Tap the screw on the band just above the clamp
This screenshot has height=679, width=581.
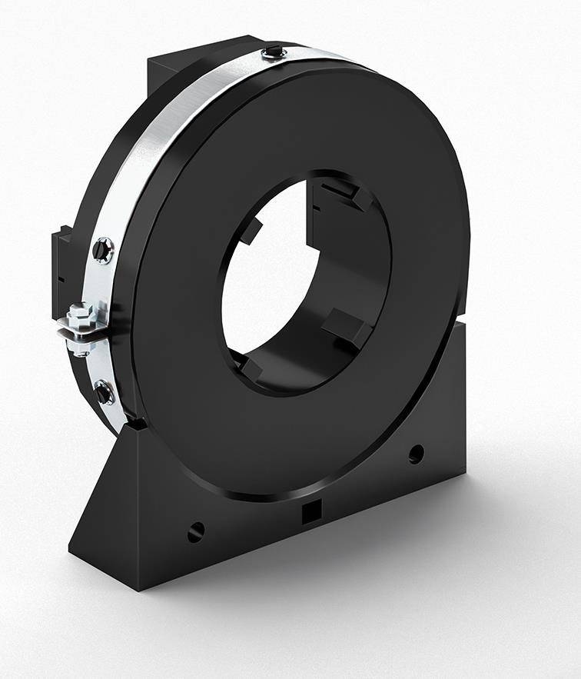click(x=102, y=248)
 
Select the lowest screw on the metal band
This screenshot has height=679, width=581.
click(x=104, y=392)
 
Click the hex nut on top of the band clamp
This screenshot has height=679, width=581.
click(x=78, y=313)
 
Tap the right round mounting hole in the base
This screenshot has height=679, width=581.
click(x=416, y=454)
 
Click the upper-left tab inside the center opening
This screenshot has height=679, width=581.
click(x=251, y=230)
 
